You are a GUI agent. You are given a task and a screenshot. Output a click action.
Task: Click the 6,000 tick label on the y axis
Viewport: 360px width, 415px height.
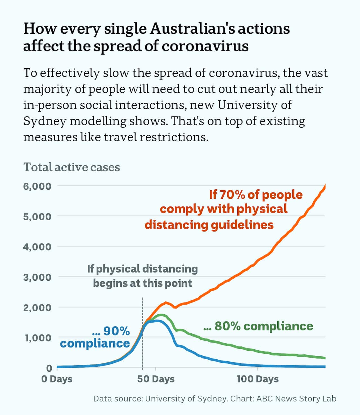37,186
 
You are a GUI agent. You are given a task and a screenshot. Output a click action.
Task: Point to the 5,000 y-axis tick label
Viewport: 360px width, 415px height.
37,217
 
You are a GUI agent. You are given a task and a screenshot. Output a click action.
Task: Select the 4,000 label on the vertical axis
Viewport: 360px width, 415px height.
37,247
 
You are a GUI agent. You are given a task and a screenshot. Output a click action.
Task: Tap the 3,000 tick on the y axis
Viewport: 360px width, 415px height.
37,277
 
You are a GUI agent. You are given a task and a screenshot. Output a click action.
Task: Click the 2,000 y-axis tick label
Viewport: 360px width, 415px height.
37,308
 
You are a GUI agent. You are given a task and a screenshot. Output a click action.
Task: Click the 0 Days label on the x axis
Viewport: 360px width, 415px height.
57,379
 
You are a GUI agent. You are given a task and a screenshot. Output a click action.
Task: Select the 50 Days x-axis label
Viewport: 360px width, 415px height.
156,379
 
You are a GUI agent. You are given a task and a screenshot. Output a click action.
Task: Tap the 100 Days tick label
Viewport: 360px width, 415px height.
258,379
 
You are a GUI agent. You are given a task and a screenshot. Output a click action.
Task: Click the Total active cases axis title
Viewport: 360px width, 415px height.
72,167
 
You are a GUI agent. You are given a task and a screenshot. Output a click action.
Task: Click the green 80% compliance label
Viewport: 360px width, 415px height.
258,326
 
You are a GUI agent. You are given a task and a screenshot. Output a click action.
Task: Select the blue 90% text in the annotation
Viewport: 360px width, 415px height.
116,331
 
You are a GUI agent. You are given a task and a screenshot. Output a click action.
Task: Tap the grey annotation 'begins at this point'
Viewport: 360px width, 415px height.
143,283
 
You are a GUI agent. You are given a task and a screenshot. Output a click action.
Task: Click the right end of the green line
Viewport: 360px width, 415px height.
325,358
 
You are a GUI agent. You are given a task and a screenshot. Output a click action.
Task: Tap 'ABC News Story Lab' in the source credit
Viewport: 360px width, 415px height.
296,399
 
